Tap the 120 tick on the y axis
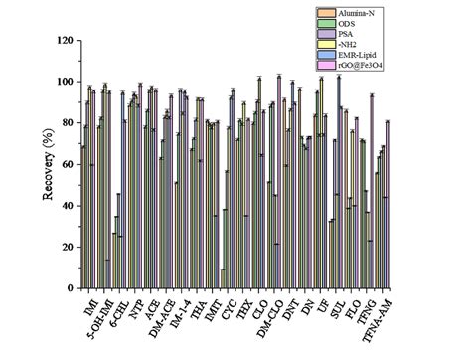point(66,41)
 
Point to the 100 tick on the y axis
point(66,82)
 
